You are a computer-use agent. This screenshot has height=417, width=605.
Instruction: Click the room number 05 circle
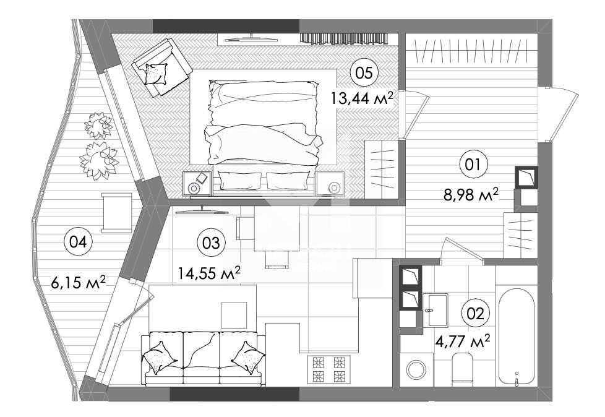click(x=364, y=72)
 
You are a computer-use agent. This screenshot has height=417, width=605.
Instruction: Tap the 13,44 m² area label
click(x=361, y=98)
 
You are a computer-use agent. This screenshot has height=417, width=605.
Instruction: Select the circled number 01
click(x=474, y=165)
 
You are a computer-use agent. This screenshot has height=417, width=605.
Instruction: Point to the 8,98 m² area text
click(x=471, y=195)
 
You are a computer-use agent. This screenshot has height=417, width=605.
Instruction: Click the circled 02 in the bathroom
click(x=475, y=313)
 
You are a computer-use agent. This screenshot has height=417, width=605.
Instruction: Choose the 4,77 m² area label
click(x=463, y=342)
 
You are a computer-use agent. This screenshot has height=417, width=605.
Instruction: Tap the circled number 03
click(x=211, y=243)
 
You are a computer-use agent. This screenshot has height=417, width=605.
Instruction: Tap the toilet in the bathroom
click(x=462, y=369)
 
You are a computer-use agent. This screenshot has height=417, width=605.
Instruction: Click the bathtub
click(x=517, y=335)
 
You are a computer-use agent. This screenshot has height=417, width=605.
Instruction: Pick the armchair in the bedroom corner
click(x=161, y=67)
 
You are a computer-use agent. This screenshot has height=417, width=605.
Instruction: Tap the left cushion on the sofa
click(x=160, y=357)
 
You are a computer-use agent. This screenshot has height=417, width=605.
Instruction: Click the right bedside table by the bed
click(x=330, y=184)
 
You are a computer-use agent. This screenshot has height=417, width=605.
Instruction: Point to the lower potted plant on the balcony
click(x=99, y=160)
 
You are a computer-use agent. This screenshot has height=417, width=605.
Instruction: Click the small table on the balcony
click(x=116, y=213)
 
